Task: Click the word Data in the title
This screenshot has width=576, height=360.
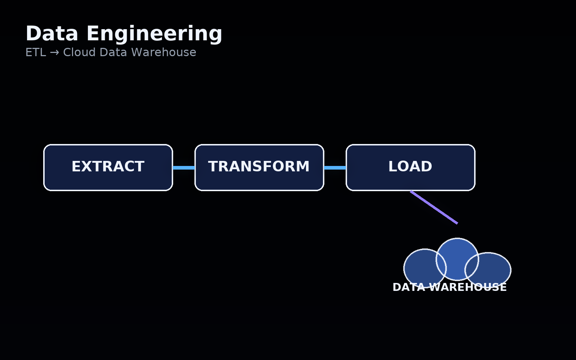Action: [52, 34]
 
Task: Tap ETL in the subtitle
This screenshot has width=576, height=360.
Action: [36, 53]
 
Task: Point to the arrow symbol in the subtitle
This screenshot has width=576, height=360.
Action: [54, 53]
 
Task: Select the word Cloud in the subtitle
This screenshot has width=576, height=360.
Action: [80, 53]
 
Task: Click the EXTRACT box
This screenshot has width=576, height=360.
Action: [108, 180]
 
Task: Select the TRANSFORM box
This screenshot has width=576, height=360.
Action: [259, 180]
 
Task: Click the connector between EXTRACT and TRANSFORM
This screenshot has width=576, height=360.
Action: [184, 168]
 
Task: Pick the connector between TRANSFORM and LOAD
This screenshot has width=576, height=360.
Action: [335, 168]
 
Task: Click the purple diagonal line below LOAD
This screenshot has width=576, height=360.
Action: [434, 207]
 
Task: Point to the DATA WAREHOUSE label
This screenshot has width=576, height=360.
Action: [449, 287]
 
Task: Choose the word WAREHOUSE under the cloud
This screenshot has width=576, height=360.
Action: [468, 287]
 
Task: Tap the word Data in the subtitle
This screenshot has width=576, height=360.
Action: [111, 53]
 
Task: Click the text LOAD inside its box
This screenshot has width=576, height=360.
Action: [410, 167]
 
